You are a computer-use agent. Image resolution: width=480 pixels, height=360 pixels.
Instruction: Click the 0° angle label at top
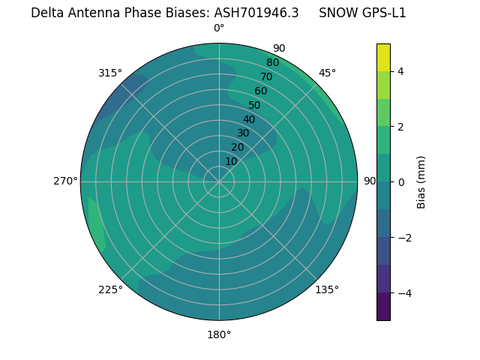click(219, 28)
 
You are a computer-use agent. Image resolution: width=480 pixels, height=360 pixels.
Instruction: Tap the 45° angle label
click(327, 73)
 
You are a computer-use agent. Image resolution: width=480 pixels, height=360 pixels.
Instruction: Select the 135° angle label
click(327, 289)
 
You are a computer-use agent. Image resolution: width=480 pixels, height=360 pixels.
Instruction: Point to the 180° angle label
click(219, 334)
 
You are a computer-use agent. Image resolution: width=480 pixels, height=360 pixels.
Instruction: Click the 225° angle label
click(110, 289)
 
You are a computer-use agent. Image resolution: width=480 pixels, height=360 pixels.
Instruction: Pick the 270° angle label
click(65, 181)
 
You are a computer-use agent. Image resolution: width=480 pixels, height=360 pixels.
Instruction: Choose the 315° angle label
click(110, 73)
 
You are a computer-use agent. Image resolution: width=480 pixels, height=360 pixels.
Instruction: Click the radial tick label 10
click(231, 161)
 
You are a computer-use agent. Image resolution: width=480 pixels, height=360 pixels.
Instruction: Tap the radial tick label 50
click(255, 105)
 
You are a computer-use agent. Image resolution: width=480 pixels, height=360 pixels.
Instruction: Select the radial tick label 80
click(273, 62)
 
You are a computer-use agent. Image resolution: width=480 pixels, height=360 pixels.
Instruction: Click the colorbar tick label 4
click(401, 71)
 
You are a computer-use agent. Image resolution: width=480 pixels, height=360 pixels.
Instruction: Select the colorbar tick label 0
click(401, 182)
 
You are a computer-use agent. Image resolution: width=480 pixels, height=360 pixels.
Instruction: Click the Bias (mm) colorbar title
click(421, 182)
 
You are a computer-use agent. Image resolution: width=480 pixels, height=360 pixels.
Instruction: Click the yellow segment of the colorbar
click(383, 58)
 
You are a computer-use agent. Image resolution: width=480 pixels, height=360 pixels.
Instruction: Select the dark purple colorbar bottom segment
click(383, 307)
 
